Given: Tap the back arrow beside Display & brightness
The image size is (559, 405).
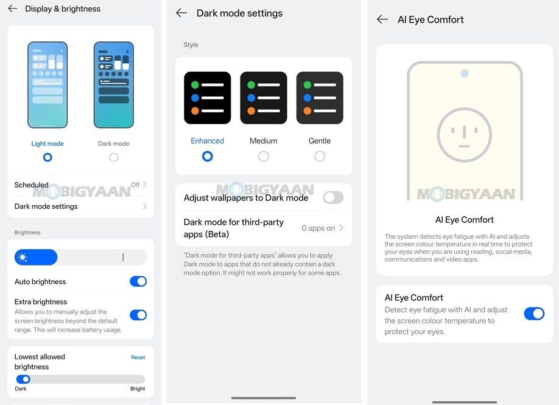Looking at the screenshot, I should pos(13,9).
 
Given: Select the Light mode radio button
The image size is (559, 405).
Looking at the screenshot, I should pos(47,157).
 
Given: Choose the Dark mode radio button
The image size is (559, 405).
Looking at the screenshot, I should pos(113,157).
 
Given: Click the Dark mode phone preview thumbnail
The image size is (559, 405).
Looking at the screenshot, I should pos(113,85).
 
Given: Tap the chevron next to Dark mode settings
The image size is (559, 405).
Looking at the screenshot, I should pos(145,206).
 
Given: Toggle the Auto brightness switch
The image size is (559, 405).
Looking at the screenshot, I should pos(138,281).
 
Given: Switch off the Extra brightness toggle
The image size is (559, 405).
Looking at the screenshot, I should pos(138,315).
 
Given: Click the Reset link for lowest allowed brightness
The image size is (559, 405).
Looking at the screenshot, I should pos(138,357).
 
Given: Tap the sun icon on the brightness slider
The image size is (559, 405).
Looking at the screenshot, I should pos(23,258).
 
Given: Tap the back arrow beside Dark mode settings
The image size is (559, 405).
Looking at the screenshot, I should pos(181,13).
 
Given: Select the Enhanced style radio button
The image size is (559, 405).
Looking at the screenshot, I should pos(207,157).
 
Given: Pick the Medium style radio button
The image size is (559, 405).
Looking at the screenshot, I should pos(263,157).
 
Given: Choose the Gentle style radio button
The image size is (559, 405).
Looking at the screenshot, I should pos(320,157).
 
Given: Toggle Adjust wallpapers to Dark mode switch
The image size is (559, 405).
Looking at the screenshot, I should pos(333,197).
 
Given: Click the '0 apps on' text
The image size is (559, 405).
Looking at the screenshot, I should pos(318,228).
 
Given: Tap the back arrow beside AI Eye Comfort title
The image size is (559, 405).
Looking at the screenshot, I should pos(382,19).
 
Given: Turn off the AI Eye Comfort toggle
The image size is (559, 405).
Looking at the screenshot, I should pos(534,314).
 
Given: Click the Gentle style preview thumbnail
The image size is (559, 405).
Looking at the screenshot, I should pos(320,98).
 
